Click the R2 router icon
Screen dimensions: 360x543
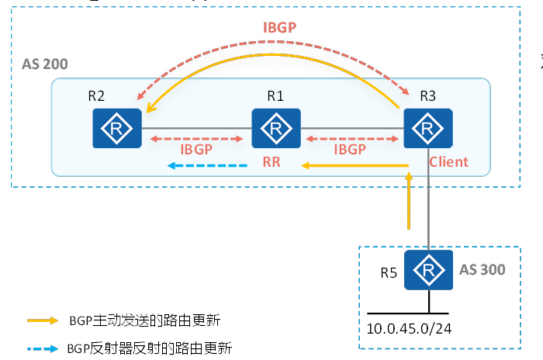click(x=116, y=128)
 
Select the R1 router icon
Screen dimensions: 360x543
click(x=276, y=128)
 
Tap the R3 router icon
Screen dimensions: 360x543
click(x=427, y=128)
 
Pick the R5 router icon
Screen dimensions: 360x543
click(x=427, y=271)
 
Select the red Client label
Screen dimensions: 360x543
click(x=448, y=162)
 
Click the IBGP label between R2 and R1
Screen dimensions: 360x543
click(x=197, y=149)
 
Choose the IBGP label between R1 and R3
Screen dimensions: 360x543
click(x=350, y=149)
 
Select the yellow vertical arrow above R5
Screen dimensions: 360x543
click(x=407, y=201)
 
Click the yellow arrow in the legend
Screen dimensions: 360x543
click(x=42, y=320)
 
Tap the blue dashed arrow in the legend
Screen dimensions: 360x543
click(x=42, y=348)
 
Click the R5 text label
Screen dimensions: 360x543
click(x=389, y=272)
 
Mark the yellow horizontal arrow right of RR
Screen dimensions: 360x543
click(x=355, y=165)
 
